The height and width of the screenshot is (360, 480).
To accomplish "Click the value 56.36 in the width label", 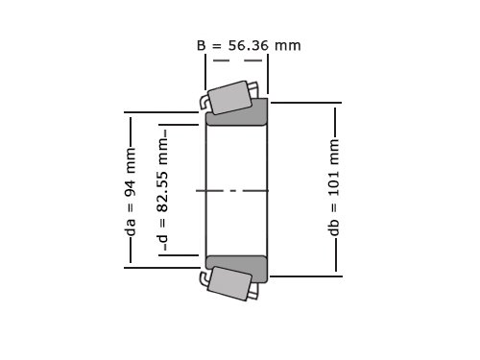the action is click(249, 45).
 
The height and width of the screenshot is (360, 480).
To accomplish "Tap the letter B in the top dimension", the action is click(201, 45).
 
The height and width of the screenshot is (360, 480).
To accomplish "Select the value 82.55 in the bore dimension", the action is click(163, 192).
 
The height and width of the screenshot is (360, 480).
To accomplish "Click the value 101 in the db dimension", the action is click(334, 183).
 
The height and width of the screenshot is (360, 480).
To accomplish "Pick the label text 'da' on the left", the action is click(132, 227).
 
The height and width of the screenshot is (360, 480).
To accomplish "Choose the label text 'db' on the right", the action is click(334, 228).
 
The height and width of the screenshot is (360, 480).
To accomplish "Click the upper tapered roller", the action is click(229, 98).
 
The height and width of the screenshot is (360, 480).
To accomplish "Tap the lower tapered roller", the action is click(229, 283).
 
